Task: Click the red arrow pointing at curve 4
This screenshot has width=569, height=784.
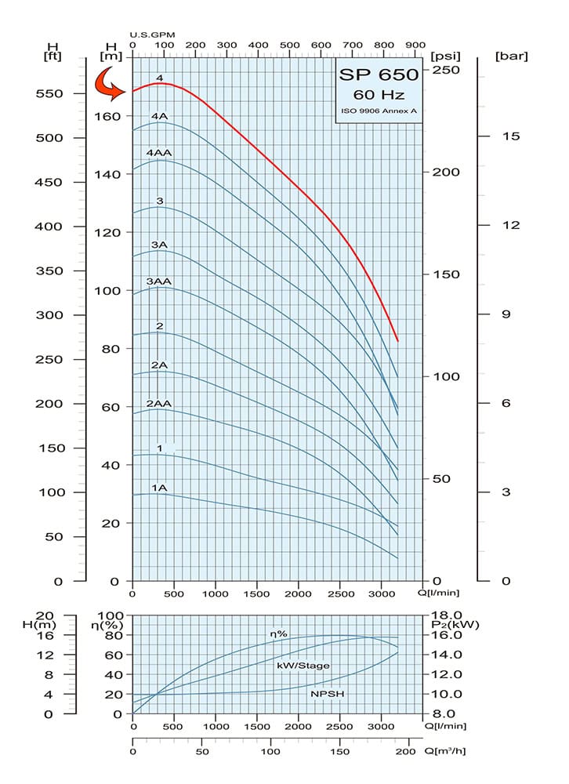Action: coord(109,84)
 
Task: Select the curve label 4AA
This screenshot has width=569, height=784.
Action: coord(159,152)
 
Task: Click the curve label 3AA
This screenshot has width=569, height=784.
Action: coord(159,281)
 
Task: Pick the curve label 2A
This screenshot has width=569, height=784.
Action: coord(159,365)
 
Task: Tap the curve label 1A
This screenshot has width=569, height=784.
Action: coord(159,488)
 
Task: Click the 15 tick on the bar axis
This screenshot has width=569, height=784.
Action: coord(511,136)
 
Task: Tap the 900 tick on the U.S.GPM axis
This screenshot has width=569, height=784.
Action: coord(416,45)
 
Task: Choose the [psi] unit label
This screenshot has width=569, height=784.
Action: coord(444,56)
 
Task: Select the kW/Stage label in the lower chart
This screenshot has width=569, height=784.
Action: coord(303,665)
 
